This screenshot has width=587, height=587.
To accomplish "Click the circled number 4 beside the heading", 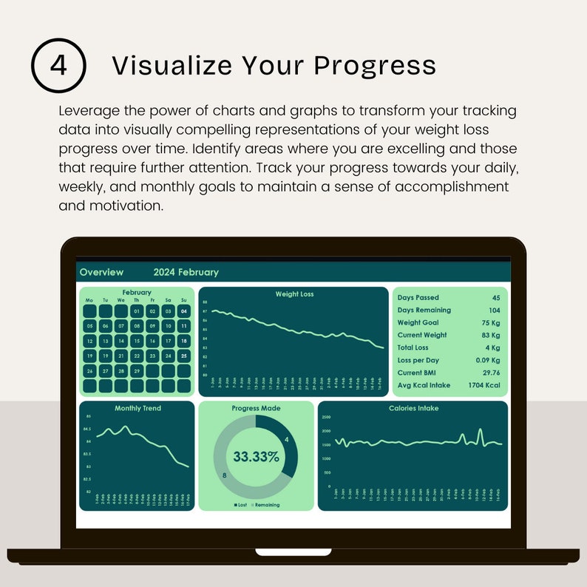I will pos(58,65).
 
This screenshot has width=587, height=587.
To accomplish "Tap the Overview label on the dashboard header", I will pos(101,272).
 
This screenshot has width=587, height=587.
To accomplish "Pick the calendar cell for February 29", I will pos(137,370).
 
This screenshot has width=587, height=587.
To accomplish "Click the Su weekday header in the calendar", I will pos(183,300).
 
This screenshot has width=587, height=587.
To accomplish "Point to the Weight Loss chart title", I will pos(294,294).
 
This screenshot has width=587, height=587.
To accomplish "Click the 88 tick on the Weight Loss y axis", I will pos(204,302).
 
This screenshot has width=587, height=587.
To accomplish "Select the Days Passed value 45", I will pos(496,298).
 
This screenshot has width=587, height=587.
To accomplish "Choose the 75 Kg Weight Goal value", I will pos(490,322).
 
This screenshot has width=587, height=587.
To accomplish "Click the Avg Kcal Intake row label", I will pos(423,385).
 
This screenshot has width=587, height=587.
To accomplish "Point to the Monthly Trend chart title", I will pos(138,408).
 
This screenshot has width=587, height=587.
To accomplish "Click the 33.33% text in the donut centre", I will pos(256,456).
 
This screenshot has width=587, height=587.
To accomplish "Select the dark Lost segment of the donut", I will pos(285,444).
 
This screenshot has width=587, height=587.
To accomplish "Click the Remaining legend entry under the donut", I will pos(266,505).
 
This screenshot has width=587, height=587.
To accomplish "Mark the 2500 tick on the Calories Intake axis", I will pos(326,418).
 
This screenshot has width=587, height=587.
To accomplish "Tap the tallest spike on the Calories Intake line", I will pos(480,430).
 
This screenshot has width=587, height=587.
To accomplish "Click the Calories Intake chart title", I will pos(413,408).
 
